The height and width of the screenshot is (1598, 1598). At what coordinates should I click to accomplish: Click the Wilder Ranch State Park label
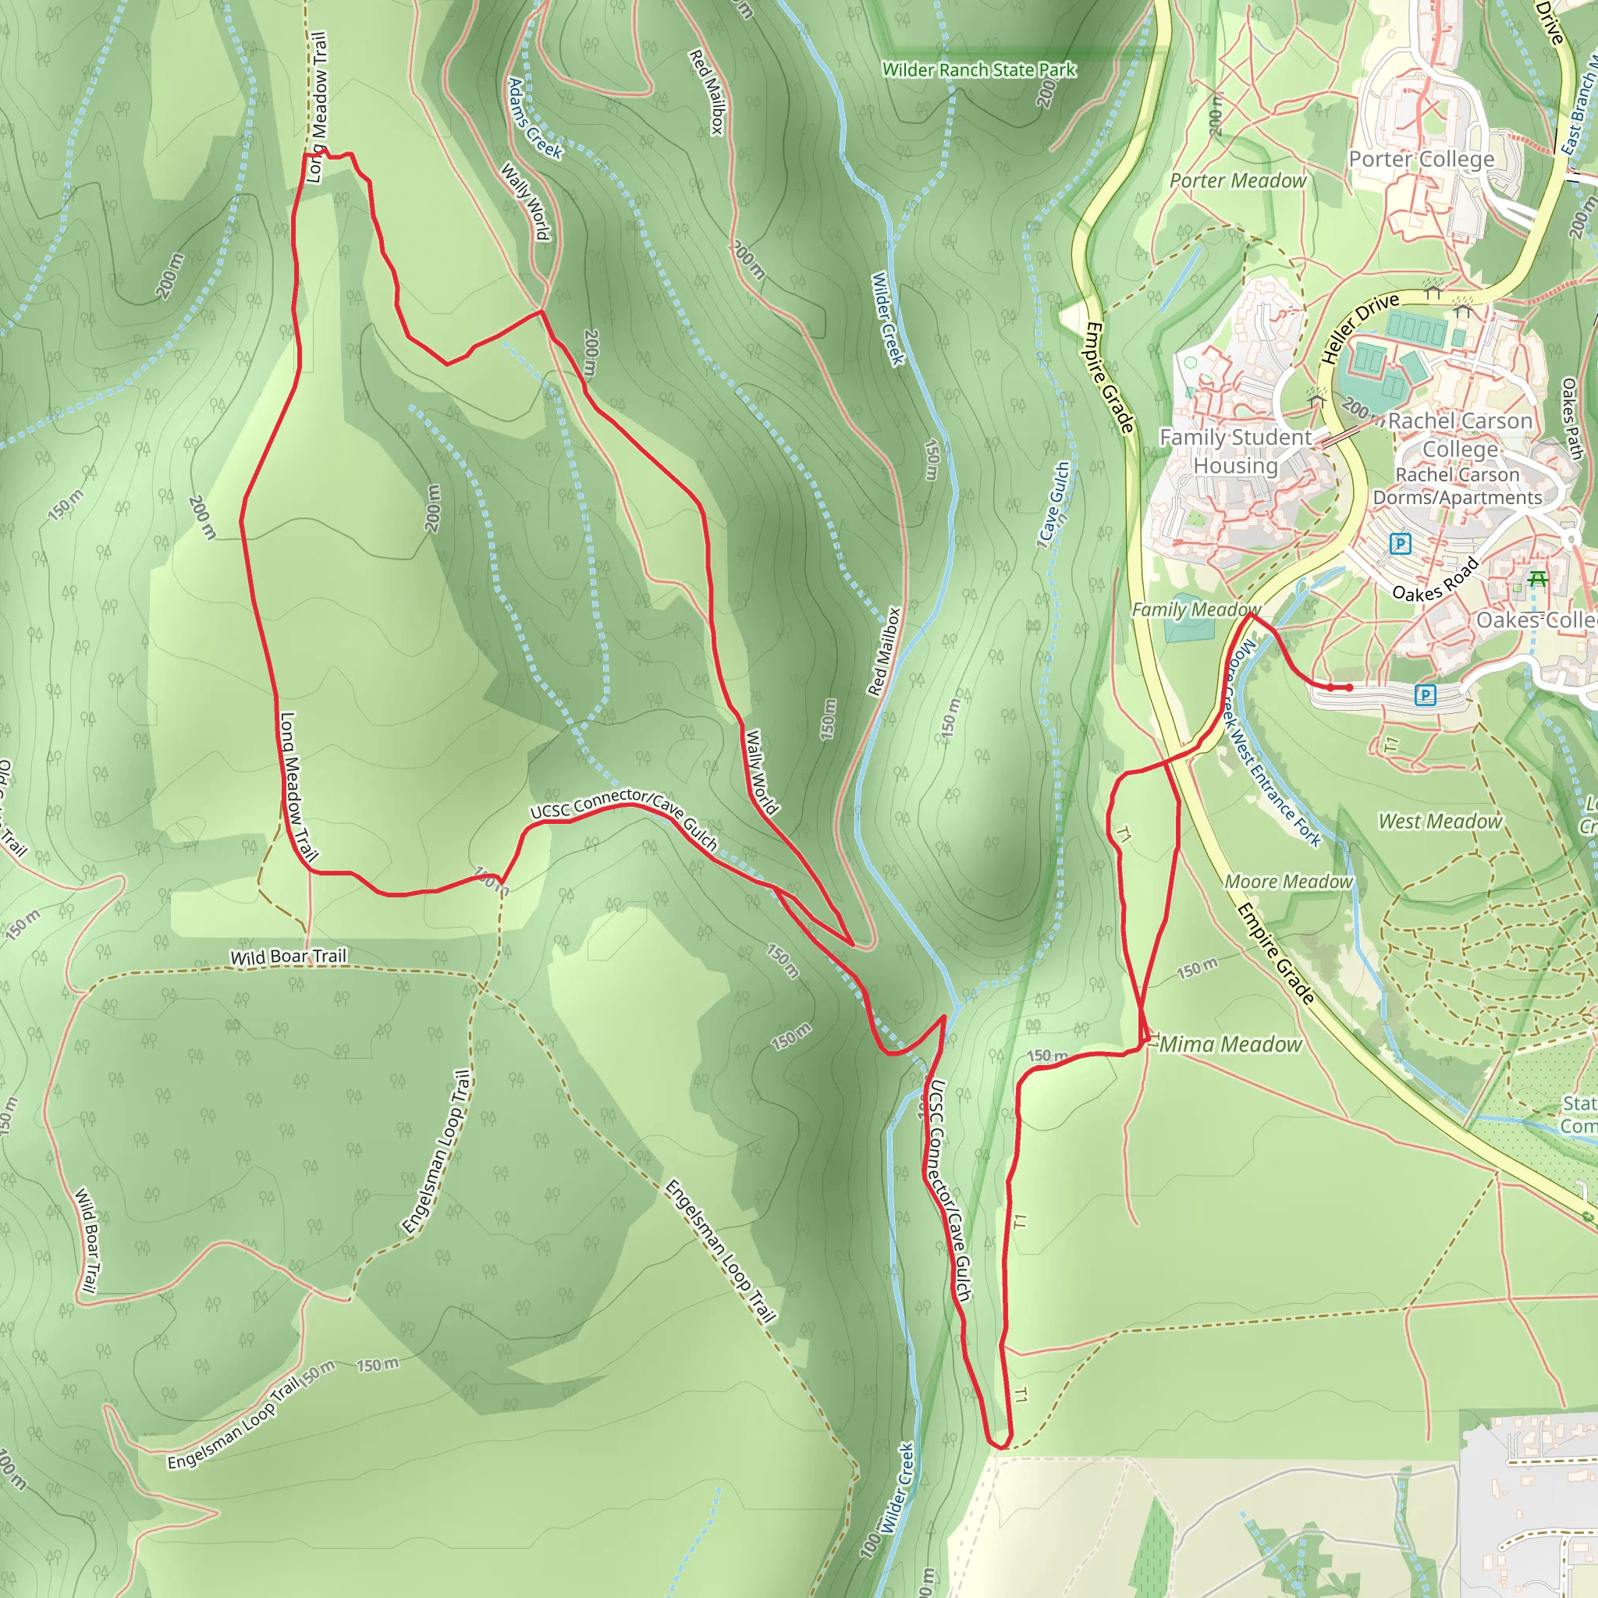[x=978, y=70]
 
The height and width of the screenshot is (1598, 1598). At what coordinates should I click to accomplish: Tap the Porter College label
[x=1421, y=159]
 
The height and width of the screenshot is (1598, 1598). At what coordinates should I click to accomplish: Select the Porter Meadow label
[x=1238, y=180]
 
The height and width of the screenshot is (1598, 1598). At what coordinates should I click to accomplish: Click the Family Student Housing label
[x=1235, y=451]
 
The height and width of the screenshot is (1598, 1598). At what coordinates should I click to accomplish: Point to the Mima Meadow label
[x=1230, y=1045]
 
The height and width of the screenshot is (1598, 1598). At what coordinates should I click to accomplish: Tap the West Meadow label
[x=1439, y=822]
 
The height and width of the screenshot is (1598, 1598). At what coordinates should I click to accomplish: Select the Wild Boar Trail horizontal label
[x=288, y=957]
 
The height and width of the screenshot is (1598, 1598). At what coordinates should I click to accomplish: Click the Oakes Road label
[x=1435, y=580]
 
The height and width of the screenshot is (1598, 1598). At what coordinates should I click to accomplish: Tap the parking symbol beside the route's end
[x=1424, y=694]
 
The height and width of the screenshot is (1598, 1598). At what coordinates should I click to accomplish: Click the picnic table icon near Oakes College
[x=1537, y=580]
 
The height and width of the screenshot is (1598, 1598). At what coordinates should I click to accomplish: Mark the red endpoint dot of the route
[x=1349, y=687]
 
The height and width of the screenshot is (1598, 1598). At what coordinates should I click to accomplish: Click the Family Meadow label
[x=1195, y=609]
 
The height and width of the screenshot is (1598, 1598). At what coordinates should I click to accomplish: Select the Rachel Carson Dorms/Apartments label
[x=1458, y=485]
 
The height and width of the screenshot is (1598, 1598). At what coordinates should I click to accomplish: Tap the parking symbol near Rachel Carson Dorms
[x=1401, y=543]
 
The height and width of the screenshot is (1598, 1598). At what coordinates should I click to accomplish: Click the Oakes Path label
[x=1571, y=418]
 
